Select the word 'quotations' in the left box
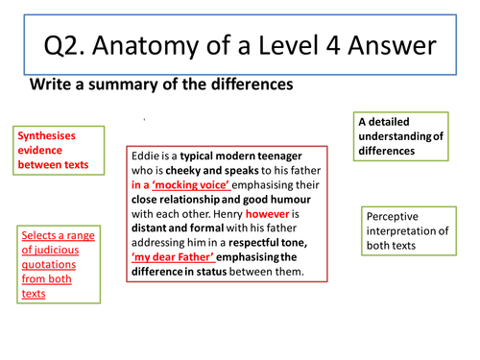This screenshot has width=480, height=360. click(x=57, y=270)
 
